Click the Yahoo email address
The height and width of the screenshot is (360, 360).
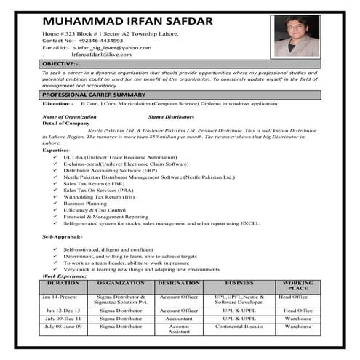117,48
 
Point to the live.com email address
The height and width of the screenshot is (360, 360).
101,55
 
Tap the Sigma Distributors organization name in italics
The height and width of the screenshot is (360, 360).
171,116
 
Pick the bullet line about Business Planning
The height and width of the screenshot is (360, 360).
85,203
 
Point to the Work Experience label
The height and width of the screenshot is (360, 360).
65,276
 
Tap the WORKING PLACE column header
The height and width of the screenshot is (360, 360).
297,285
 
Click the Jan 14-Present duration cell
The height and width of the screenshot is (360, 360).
60,297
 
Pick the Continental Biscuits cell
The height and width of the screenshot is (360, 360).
239,327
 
